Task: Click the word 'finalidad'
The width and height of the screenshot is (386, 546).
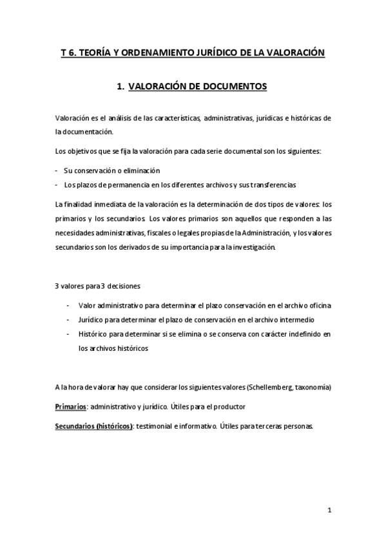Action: tap(81, 204)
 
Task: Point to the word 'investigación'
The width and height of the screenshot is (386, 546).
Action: tap(251, 247)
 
